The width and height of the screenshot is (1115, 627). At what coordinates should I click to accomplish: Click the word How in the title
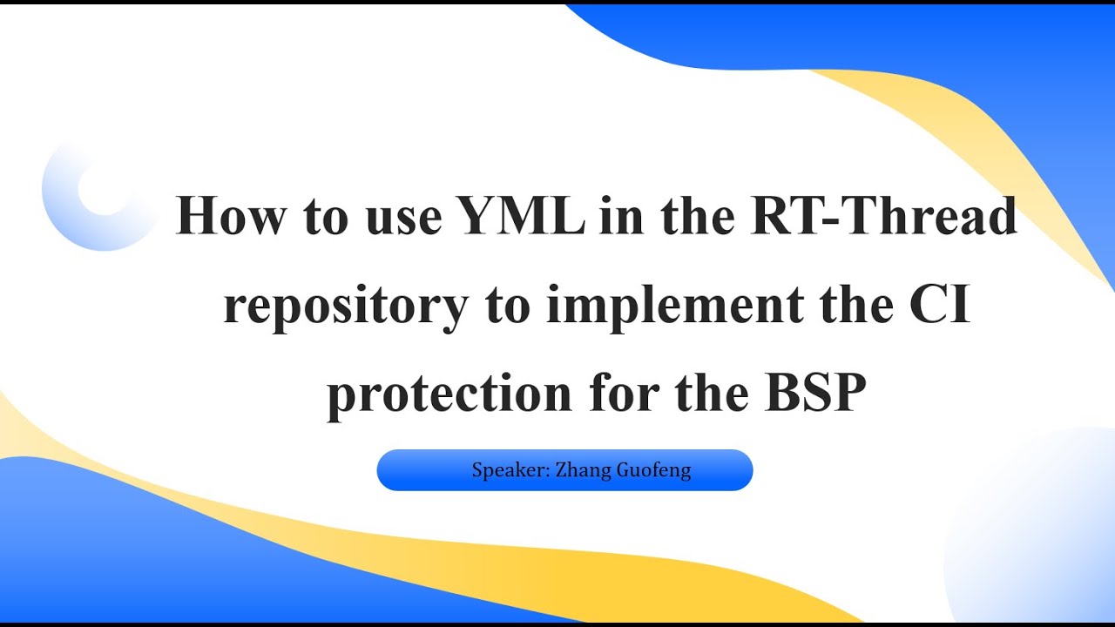click(x=230, y=218)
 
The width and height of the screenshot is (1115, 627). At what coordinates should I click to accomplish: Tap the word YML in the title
click(x=522, y=218)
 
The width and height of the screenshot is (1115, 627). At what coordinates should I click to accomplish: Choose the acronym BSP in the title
click(x=816, y=394)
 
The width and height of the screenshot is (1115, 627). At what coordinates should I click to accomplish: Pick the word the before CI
click(x=851, y=306)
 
